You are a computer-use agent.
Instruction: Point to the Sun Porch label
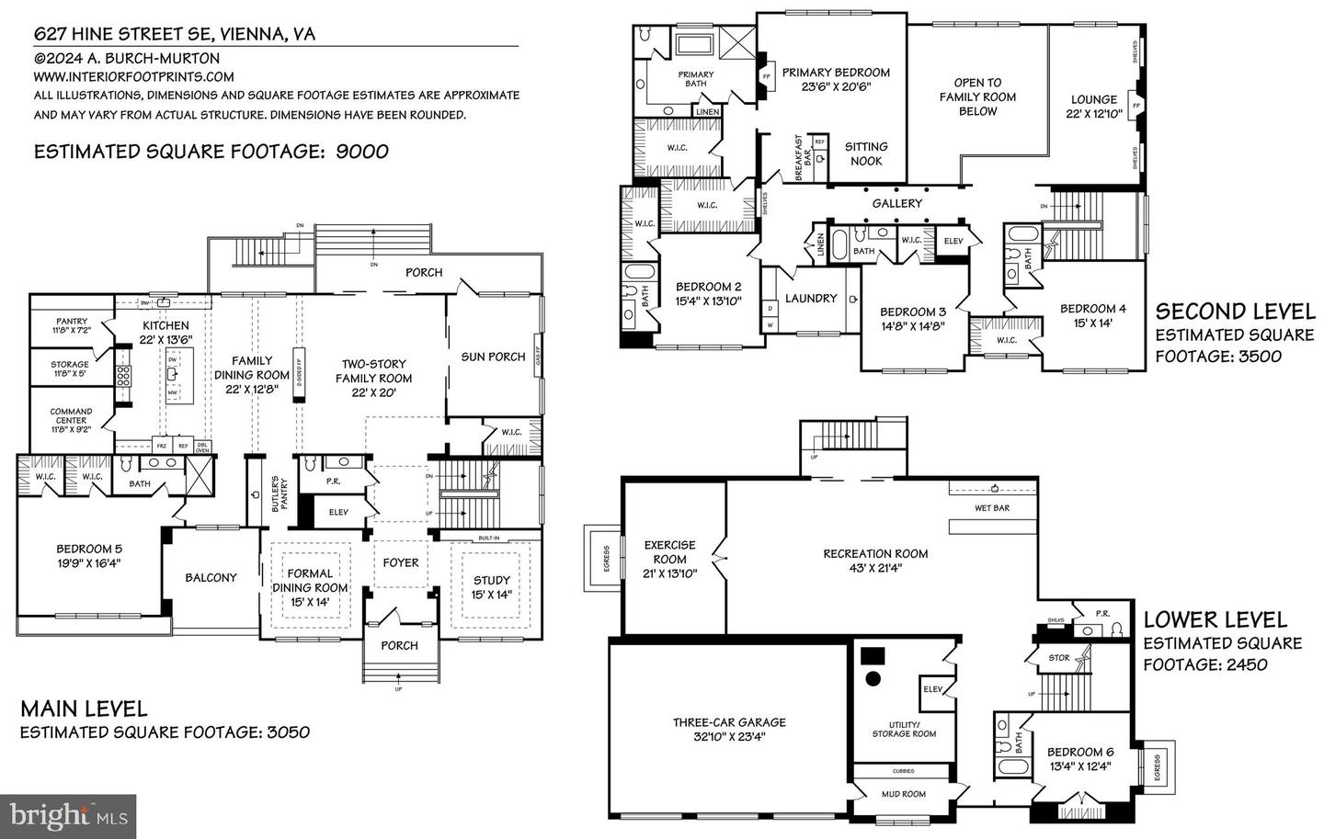(x=493, y=357)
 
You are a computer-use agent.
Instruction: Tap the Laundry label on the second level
(x=810, y=299)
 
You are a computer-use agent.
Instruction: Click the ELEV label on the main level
(x=337, y=512)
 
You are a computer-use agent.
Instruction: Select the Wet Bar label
(x=991, y=508)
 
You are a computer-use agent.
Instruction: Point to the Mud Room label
(x=903, y=794)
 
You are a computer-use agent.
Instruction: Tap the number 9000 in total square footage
(x=362, y=152)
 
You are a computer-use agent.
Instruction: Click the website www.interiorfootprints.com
(x=133, y=77)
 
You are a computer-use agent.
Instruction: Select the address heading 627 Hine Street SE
(x=174, y=34)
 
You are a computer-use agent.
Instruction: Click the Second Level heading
(x=1234, y=312)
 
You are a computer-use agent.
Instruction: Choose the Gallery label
(x=896, y=203)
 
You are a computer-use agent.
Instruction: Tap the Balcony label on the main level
(x=211, y=578)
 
